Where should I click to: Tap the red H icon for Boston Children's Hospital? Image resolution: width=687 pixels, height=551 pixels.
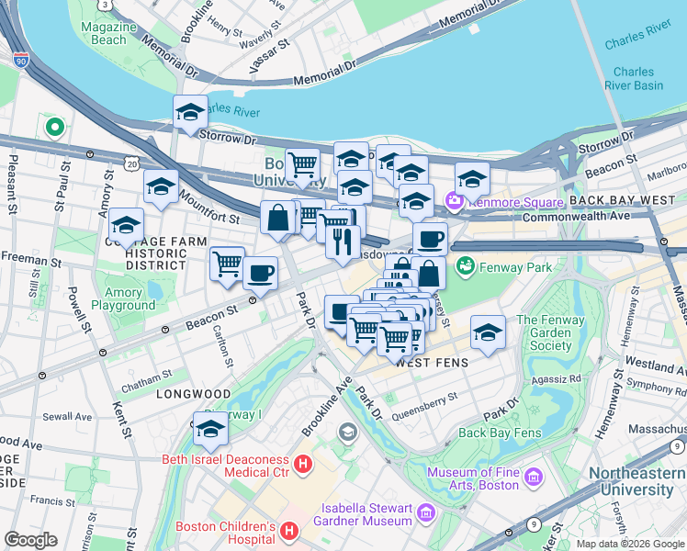(x=288, y=531)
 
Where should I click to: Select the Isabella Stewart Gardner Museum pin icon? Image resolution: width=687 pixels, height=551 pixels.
(x=424, y=512)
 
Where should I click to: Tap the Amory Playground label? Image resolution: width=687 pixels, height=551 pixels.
(x=124, y=298)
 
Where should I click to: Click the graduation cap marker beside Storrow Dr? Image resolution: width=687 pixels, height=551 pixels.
(x=190, y=113)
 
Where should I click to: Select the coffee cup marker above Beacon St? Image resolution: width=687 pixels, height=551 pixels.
(x=261, y=274)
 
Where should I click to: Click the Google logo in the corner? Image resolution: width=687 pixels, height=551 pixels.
(x=30, y=540)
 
